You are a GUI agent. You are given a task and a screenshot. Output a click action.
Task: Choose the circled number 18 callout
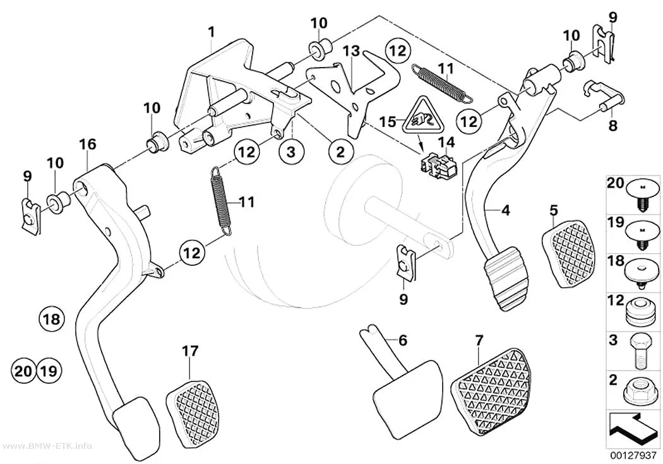tap(52, 319)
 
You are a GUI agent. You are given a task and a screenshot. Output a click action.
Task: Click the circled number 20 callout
tap(23, 371)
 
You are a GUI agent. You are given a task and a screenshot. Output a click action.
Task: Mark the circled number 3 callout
tap(290, 152)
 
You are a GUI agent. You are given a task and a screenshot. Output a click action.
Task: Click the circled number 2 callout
tap(340, 152)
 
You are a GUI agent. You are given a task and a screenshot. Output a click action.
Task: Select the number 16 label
tap(88, 144)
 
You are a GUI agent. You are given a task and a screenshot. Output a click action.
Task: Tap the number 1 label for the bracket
tap(212, 32)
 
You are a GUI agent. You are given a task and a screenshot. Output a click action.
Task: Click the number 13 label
tap(351, 51)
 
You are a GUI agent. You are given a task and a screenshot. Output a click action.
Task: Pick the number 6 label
tap(403, 340)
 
